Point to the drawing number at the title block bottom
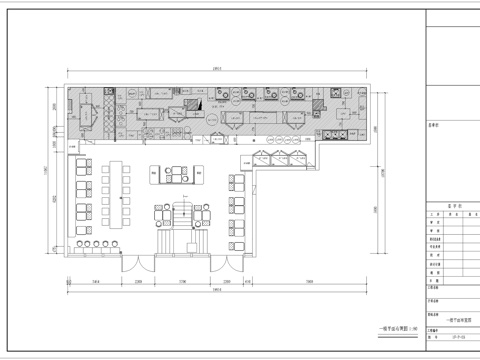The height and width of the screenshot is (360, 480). point(452,340)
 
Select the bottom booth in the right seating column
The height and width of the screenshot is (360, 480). point(238,231)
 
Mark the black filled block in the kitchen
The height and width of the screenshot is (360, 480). point(199,101)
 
